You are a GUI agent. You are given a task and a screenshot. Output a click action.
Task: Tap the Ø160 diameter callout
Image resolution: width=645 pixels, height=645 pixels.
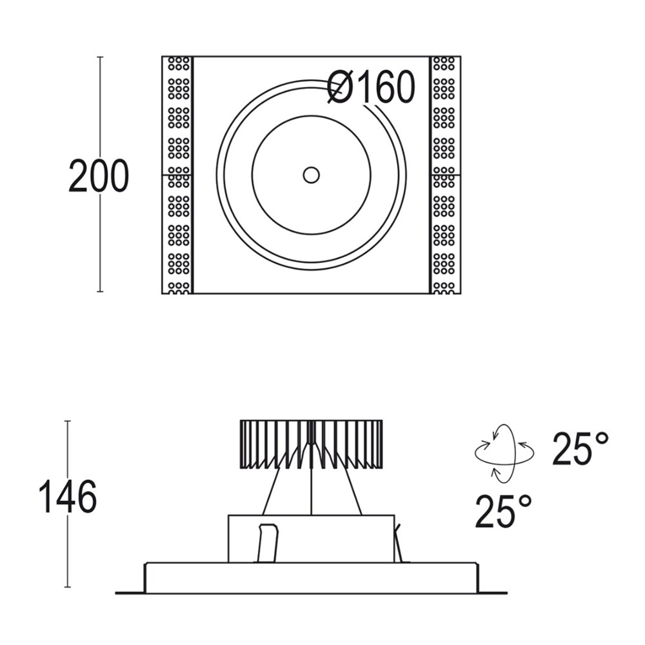pyautogui.click(x=372, y=87)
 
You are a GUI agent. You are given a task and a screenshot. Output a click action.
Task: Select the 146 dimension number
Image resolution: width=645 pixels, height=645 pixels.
pyautogui.click(x=68, y=497)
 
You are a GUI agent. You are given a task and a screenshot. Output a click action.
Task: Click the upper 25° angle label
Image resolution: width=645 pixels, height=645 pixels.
pyautogui.click(x=580, y=449)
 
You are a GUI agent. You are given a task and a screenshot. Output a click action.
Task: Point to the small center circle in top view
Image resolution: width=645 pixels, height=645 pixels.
pyautogui.click(x=312, y=175)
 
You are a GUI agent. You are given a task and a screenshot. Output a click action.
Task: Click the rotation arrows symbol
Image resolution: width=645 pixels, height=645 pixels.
pyautogui.click(x=504, y=453)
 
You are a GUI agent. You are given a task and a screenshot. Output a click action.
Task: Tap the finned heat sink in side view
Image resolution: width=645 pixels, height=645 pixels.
pyautogui.click(x=312, y=444)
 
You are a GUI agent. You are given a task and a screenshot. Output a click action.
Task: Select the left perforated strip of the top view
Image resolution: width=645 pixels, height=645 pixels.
pyautogui.click(x=178, y=175)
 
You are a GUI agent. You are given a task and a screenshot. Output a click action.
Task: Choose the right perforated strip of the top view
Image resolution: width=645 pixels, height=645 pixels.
pyautogui.click(x=445, y=175)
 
